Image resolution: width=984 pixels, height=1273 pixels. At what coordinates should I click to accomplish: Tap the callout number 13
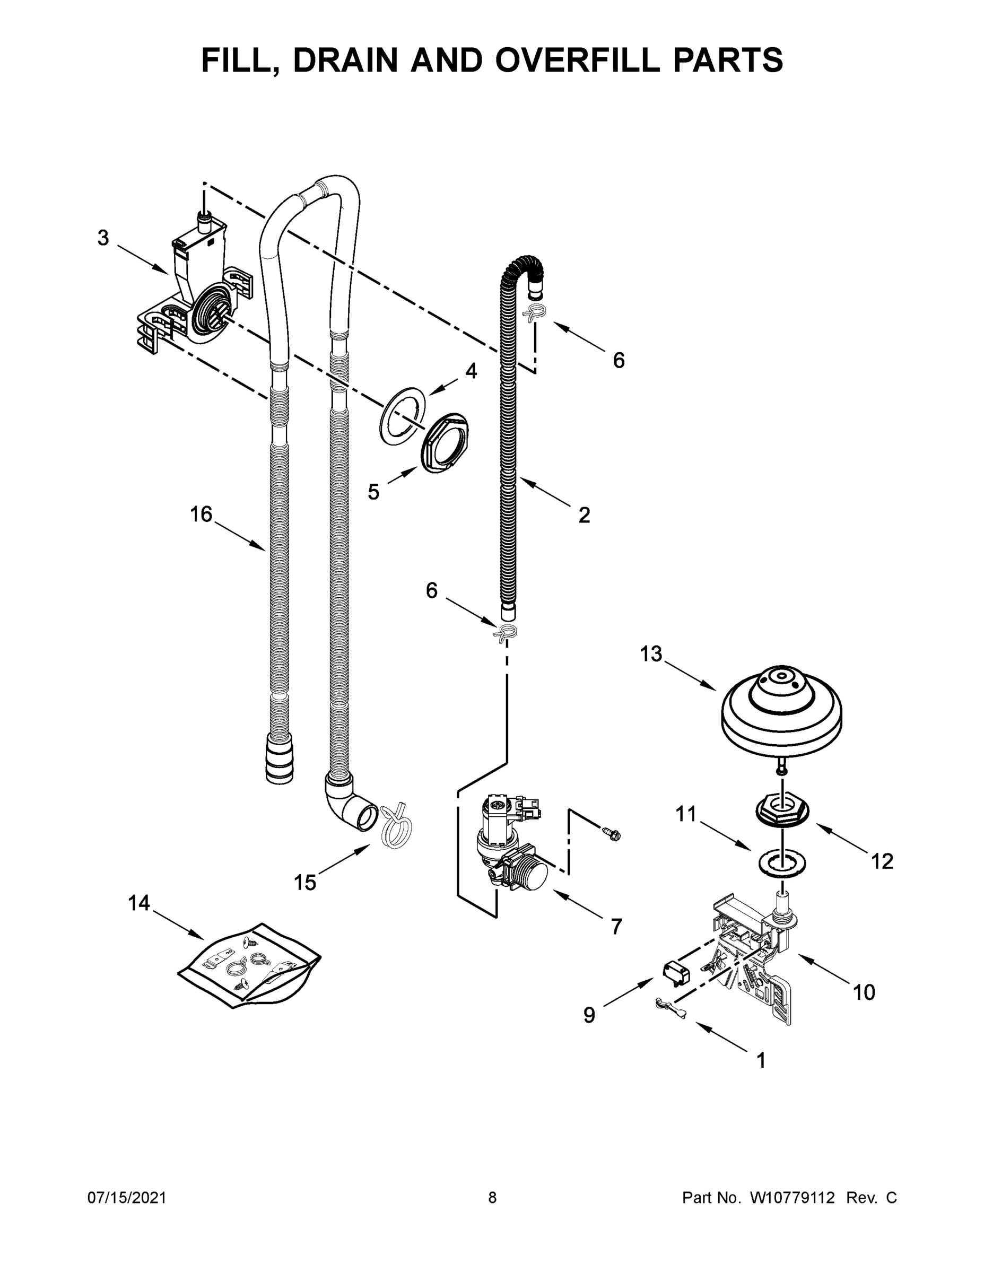(x=651, y=654)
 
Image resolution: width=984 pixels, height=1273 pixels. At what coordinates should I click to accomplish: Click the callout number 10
(x=864, y=991)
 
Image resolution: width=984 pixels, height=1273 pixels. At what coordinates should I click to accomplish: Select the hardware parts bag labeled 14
(x=248, y=965)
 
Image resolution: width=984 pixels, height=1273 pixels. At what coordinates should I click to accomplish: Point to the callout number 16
(x=201, y=514)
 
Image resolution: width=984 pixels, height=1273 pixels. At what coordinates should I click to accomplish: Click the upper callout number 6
(x=619, y=360)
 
